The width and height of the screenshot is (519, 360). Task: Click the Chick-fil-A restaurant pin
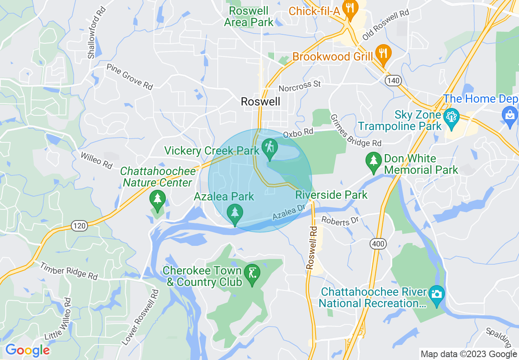(350, 9)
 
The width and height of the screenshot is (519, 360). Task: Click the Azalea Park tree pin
(235, 214)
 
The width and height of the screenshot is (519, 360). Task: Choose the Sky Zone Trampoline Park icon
(451, 119)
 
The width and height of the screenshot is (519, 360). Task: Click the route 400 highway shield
(378, 244)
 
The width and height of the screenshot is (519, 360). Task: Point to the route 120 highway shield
(79, 225)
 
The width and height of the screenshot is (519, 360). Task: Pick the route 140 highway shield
(393, 81)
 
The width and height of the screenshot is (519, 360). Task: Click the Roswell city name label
(261, 101)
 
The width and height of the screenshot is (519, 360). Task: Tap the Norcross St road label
(299, 86)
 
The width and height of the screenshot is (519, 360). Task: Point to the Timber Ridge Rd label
(69, 271)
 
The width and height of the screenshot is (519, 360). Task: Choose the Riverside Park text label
(332, 195)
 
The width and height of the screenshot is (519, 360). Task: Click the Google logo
(27, 350)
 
